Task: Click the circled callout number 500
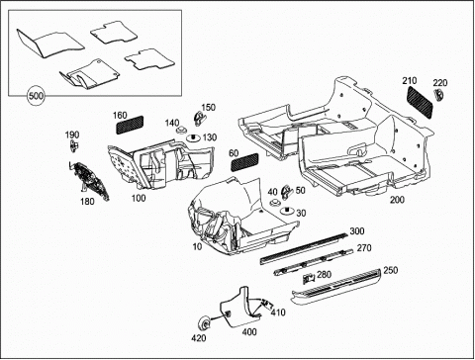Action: tap(36, 96)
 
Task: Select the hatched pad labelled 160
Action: tap(130, 125)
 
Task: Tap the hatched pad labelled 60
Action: tap(244, 162)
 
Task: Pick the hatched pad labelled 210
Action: tap(420, 102)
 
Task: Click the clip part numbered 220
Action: tap(437, 95)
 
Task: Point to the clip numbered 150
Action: tap(198, 119)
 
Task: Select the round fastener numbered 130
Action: tap(193, 137)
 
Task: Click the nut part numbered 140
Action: tap(180, 130)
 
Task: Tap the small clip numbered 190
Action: tap(73, 145)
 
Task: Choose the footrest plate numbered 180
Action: tap(90, 181)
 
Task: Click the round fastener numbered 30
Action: tap(287, 211)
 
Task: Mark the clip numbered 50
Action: tap(286, 193)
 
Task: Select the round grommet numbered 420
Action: tap(205, 324)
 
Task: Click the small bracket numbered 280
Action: tap(309, 279)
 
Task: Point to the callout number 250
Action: tap(391, 270)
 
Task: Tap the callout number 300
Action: tap(357, 231)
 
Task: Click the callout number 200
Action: tap(397, 200)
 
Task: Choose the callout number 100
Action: tap(139, 198)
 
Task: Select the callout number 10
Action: tap(197, 246)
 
